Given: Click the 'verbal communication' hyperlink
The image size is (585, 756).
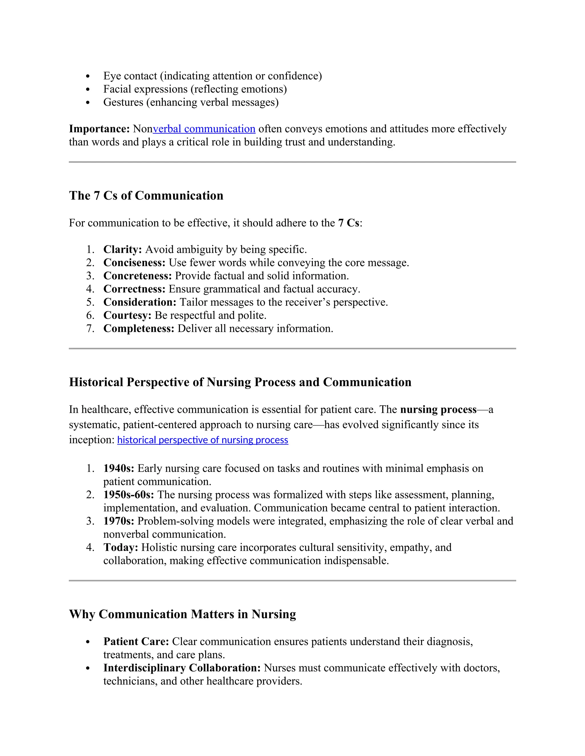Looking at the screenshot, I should (x=204, y=129).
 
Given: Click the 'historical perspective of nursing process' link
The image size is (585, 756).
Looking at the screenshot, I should (x=203, y=440).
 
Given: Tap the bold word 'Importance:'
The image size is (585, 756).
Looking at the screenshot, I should (x=99, y=129).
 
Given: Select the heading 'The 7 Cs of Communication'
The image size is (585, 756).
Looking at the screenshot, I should (x=146, y=196).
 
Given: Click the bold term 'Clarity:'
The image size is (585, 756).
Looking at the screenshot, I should (x=122, y=249).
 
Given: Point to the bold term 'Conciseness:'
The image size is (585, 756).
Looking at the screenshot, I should (x=135, y=262).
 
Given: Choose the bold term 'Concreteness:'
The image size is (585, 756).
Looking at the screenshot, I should (x=138, y=276).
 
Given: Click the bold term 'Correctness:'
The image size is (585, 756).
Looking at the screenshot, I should (x=135, y=289).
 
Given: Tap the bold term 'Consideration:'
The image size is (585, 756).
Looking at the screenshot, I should (x=140, y=302).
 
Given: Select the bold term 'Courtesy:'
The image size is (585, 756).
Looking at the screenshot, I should (x=127, y=315).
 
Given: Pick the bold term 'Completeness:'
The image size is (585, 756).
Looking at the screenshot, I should (x=139, y=328).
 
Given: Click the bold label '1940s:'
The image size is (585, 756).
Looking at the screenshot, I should (x=119, y=468).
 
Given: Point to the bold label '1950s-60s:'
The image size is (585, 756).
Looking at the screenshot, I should (x=129, y=495).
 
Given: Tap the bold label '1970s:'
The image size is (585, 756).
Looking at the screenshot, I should (x=119, y=521).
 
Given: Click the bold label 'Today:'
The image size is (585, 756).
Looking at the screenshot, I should (x=121, y=547).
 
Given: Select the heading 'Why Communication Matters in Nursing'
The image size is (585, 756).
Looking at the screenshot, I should (x=182, y=614).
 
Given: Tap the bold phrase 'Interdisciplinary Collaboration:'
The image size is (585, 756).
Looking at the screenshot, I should (x=182, y=668).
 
